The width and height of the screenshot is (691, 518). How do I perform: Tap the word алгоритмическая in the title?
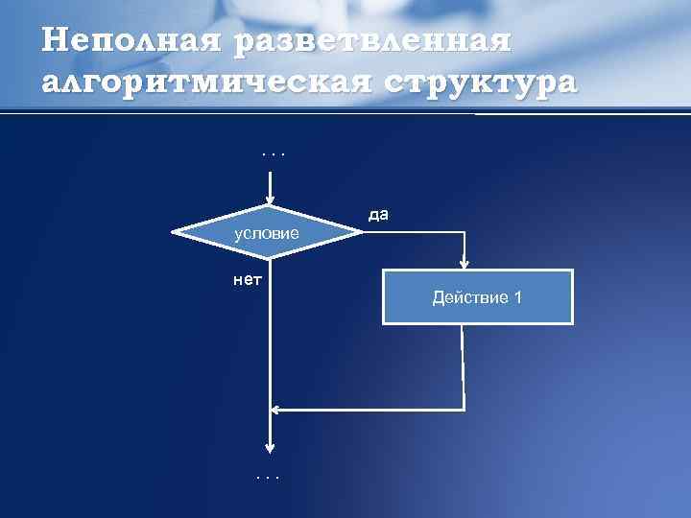point(193,82)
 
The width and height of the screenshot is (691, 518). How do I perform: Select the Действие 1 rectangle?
point(477,297)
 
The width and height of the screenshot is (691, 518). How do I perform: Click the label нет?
point(248,280)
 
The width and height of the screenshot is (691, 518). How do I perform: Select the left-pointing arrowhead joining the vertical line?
point(276,410)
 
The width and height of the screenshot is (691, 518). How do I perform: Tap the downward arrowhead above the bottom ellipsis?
point(271,448)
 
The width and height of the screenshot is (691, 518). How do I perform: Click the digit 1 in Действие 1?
point(518,297)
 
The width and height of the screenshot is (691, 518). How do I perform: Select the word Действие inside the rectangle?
point(469,297)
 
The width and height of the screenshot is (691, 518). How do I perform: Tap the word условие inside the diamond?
point(267,234)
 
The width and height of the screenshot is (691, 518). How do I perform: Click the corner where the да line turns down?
point(465,231)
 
